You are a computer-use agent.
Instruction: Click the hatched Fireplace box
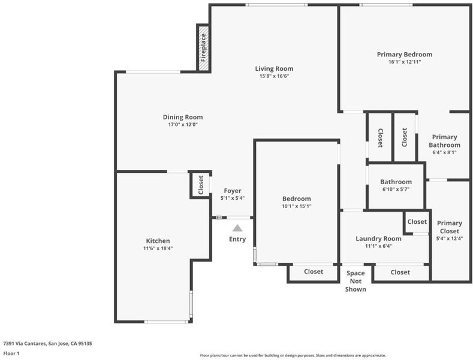(204, 49)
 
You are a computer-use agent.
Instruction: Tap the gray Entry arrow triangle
(237, 228)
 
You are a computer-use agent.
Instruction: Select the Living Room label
(274, 69)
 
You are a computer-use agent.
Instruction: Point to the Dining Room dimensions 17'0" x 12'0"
(183, 124)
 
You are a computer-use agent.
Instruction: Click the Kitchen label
(158, 241)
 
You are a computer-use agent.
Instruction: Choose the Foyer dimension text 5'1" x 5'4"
(232, 198)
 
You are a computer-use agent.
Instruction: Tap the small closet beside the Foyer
(201, 185)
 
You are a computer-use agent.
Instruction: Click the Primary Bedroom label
(405, 55)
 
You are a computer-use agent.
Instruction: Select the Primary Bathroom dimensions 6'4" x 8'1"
(444, 152)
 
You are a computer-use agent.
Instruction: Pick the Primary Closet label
(450, 227)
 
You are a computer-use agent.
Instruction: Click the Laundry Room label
(378, 239)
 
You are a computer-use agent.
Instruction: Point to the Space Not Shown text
(355, 281)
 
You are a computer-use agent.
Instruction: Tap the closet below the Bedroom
(314, 273)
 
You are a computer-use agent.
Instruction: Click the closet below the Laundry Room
(400, 273)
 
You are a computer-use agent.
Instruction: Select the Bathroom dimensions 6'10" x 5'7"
(396, 190)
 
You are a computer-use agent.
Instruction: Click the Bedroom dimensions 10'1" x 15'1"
(297, 206)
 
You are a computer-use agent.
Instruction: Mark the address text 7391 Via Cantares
(24, 343)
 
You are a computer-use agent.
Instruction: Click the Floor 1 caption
(11, 353)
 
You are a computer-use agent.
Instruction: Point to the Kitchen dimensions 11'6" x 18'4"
(158, 248)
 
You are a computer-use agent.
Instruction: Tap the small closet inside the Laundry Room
(417, 222)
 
